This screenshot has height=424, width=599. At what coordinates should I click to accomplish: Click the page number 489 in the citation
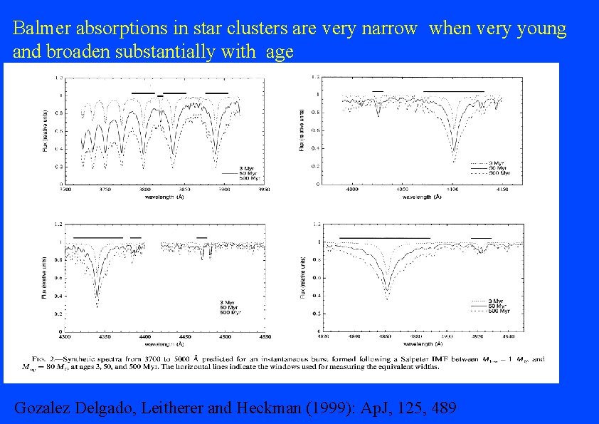click(442, 408)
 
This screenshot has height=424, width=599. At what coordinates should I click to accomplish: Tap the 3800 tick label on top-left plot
click(144, 190)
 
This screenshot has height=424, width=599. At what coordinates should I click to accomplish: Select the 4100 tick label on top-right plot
click(453, 189)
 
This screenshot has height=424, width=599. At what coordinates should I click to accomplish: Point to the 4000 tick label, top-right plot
click(351, 189)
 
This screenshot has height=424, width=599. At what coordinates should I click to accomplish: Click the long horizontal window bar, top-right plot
click(453, 91)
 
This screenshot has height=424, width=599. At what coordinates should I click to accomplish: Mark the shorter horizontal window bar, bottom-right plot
click(481, 237)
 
